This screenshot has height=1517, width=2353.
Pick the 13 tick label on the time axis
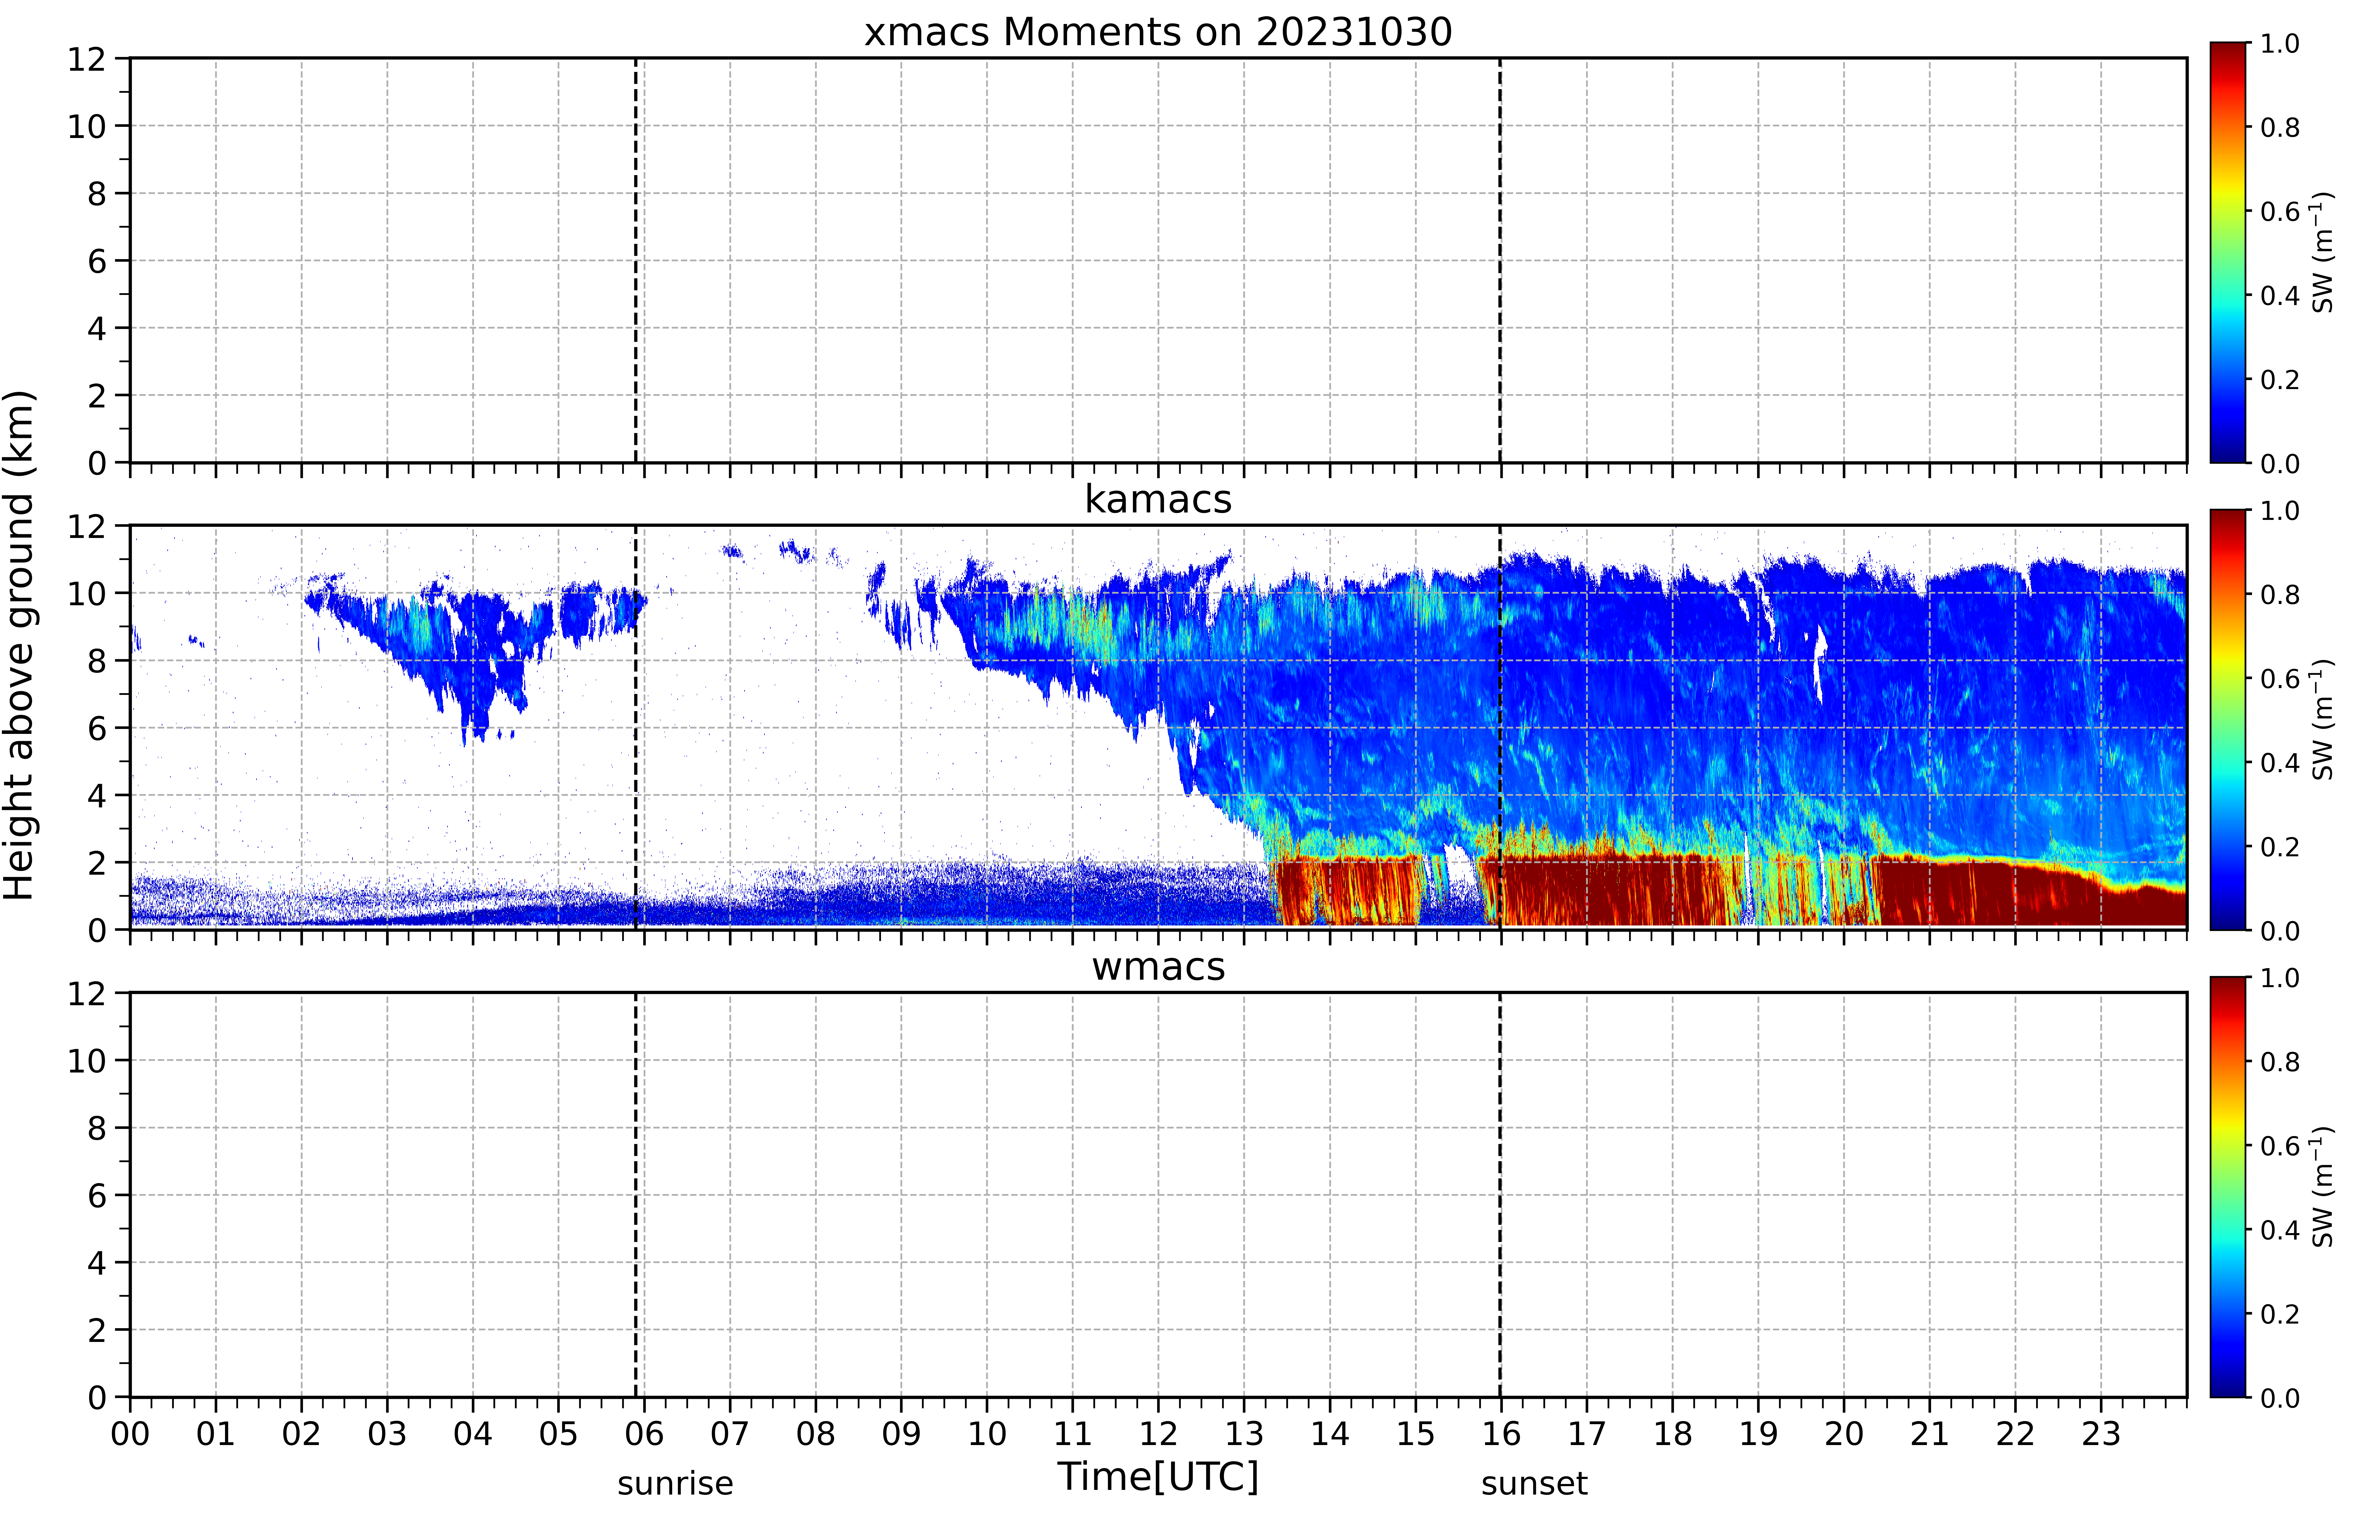(x=1244, y=1433)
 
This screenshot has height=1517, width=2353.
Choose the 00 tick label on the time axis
(x=130, y=1433)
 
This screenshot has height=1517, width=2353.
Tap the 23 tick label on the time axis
(x=2101, y=1433)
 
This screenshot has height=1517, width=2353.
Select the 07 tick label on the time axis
(x=730, y=1433)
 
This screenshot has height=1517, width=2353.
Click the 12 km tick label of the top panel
(x=87, y=59)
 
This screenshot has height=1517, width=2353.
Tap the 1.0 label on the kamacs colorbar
(x=2280, y=511)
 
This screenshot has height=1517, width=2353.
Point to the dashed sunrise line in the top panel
(x=635, y=260)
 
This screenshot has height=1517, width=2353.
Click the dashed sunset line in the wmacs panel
(x=1500, y=1194)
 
